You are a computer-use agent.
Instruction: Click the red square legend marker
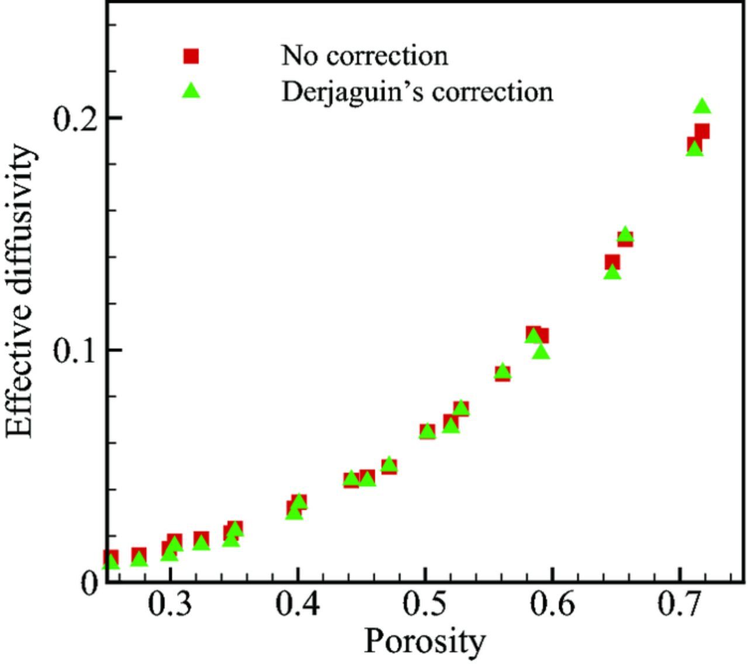(191, 56)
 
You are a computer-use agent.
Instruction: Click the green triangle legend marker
(191, 91)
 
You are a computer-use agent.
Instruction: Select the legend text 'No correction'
(365, 56)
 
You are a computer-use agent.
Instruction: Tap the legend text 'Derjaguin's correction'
(417, 92)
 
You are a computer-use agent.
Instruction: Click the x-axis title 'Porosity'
(424, 641)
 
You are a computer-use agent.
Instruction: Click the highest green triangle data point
(702, 106)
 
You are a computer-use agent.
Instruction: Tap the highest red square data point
(702, 132)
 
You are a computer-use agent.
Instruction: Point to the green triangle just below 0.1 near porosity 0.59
(541, 352)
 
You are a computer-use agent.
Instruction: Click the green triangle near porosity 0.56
(503, 371)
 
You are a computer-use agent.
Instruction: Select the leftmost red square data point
(111, 557)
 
